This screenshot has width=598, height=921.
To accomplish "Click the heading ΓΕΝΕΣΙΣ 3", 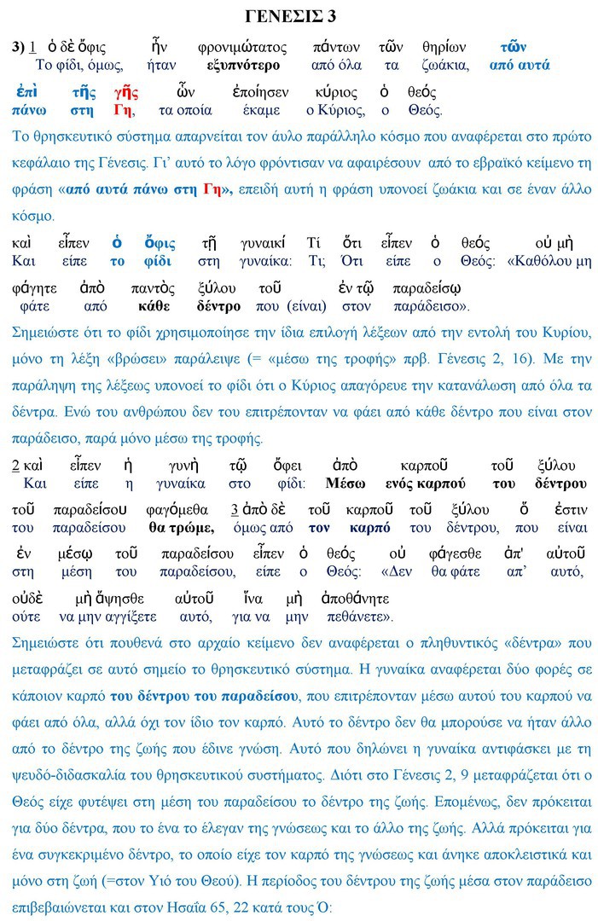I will click(299, 16).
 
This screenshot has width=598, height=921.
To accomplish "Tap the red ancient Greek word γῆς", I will click(125, 92).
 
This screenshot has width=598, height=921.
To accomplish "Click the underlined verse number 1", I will click(32, 48).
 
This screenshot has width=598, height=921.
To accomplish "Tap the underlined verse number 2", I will click(16, 466).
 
